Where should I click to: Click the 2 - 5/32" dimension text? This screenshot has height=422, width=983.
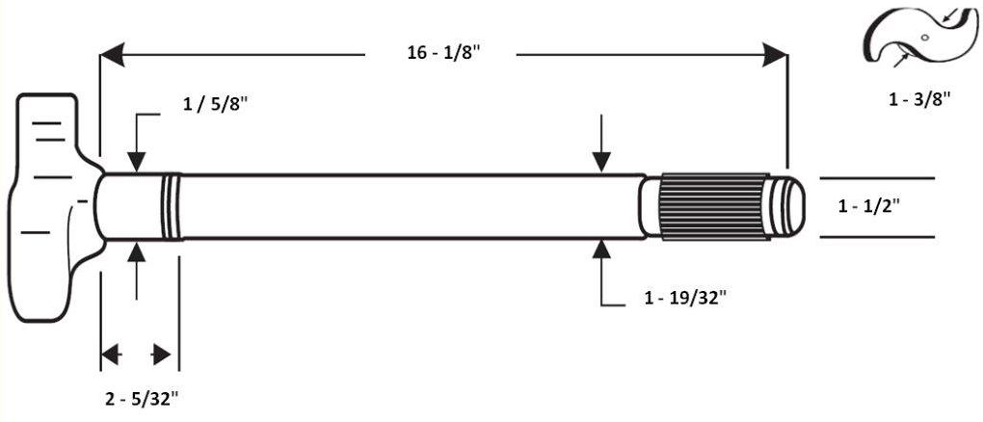tap(142, 396)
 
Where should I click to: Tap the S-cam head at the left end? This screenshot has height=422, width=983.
tap(48, 207)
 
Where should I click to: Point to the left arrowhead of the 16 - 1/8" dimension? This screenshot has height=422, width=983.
tap(114, 54)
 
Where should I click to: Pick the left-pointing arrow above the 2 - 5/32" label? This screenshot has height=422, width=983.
tap(113, 355)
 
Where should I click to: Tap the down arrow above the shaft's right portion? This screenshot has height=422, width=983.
tap(602, 161)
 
